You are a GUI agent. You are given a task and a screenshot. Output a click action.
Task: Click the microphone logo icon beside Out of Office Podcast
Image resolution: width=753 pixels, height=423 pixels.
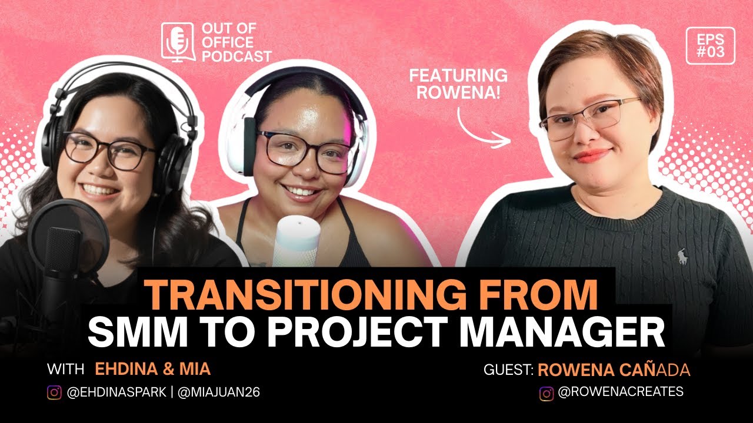click(x=178, y=42)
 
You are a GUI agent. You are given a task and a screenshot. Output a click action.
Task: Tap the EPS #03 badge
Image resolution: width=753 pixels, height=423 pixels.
click(x=710, y=46)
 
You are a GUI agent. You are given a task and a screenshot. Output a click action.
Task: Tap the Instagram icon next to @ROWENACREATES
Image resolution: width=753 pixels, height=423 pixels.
click(x=547, y=393)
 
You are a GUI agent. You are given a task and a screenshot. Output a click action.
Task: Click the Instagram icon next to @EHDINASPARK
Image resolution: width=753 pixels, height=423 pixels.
click(x=54, y=392)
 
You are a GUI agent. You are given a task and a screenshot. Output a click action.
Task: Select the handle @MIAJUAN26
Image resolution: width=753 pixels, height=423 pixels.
click(x=218, y=392)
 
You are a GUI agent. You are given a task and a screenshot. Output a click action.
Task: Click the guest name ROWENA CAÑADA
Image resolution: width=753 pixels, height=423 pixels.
click(x=614, y=370)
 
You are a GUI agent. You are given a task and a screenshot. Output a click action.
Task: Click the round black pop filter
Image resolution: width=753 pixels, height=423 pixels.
click(x=68, y=235)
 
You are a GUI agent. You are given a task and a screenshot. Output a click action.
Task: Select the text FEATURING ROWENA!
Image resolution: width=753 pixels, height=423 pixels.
click(x=458, y=83)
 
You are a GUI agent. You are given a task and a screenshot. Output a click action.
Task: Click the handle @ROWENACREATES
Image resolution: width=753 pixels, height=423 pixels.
click(x=620, y=392)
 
